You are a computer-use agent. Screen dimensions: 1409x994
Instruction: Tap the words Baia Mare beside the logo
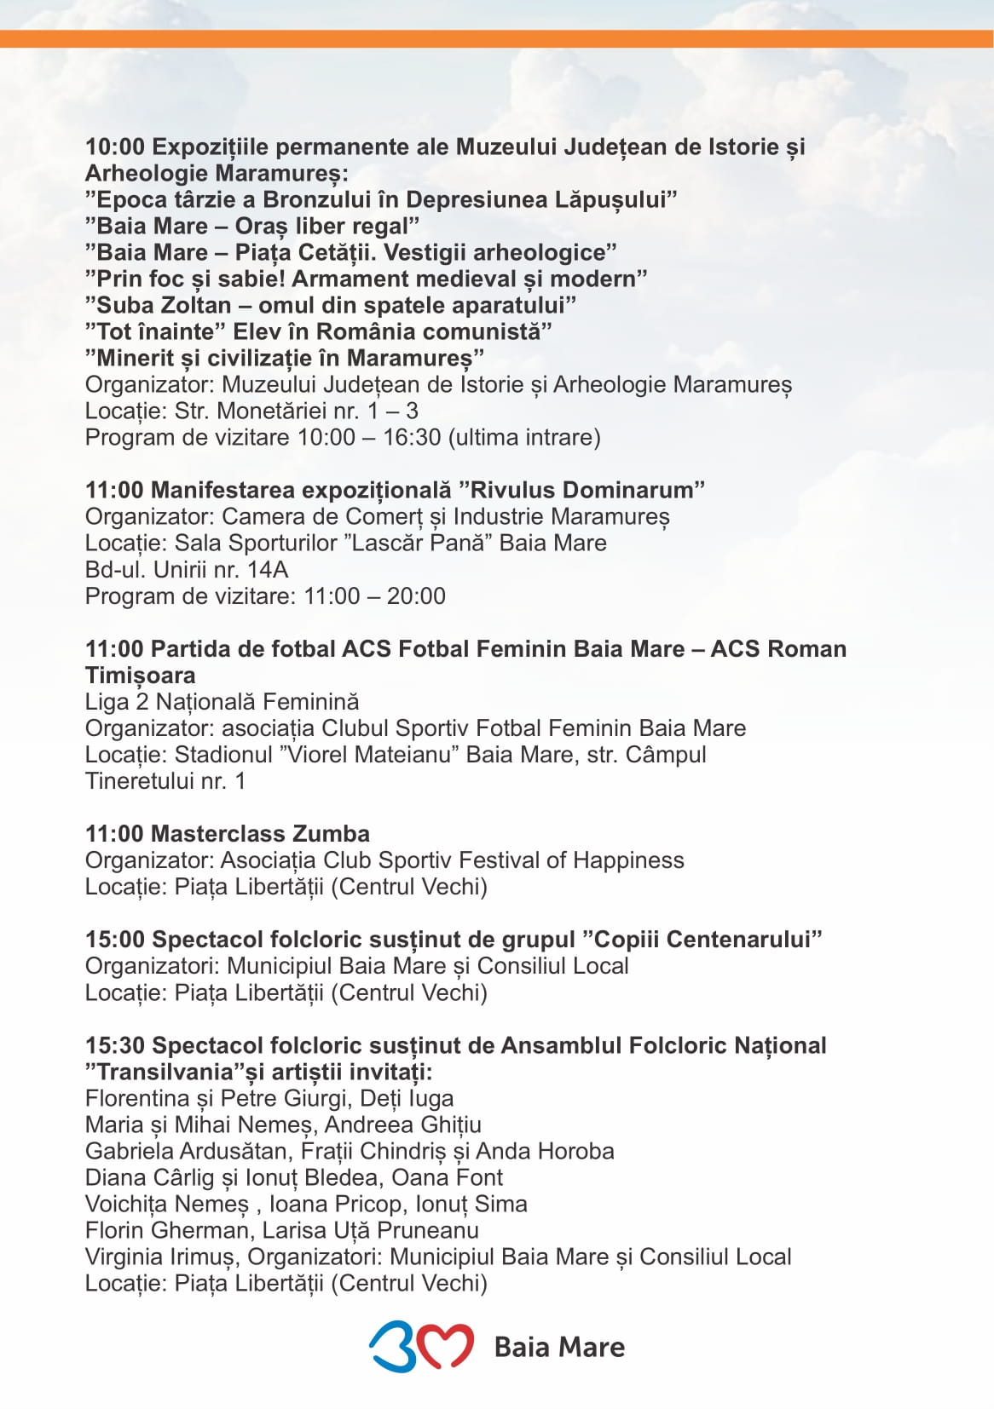559,1347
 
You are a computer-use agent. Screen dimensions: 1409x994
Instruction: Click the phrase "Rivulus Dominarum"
581,490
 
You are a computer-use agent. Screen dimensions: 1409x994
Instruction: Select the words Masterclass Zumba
261,833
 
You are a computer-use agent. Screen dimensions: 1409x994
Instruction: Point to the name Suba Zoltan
164,305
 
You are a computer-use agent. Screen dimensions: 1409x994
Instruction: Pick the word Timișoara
140,676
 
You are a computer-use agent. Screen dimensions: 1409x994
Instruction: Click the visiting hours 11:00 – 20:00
374,595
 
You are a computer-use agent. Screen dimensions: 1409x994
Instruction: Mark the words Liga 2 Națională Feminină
222,702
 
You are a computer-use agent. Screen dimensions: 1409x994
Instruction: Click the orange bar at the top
497,38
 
